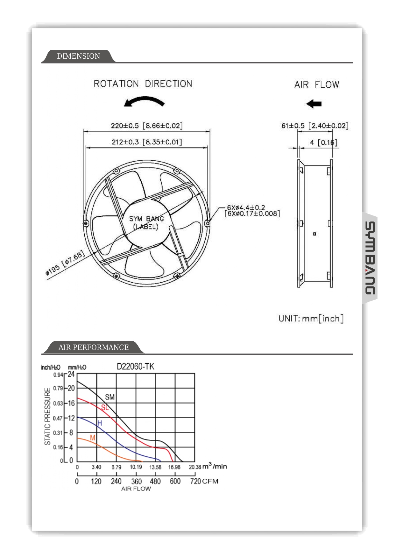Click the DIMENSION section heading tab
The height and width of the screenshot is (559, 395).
(78, 56)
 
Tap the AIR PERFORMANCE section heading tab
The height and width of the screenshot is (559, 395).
(93, 347)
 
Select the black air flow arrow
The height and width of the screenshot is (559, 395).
(314, 104)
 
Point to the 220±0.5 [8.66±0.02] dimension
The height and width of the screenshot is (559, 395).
(147, 126)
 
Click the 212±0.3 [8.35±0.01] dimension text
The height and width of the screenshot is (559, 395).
(147, 142)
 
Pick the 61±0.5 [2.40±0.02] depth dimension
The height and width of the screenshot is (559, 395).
(315, 126)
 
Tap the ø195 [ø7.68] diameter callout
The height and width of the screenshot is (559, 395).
(65, 263)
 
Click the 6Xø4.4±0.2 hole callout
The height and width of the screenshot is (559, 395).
(246, 207)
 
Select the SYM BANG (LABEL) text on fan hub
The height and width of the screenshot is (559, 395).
(146, 222)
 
